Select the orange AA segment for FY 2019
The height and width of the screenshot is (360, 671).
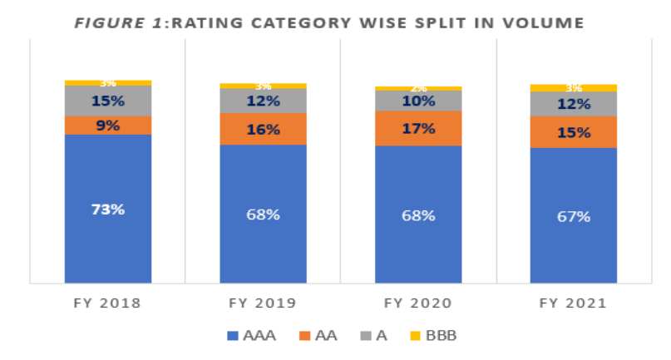point(263,129)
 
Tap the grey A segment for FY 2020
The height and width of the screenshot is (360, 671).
point(418,101)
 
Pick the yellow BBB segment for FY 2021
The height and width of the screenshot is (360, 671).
point(574,87)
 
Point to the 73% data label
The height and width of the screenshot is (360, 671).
point(108,210)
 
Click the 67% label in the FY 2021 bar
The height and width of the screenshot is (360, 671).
point(574,217)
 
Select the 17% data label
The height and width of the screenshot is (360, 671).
point(418,129)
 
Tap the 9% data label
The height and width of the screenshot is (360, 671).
point(108,126)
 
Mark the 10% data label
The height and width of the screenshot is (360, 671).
point(418,101)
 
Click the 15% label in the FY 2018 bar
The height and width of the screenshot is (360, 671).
point(108,101)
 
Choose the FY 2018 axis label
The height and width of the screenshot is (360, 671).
point(108,303)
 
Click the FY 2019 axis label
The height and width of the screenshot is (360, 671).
point(263,303)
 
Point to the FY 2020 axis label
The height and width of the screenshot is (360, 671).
point(418,303)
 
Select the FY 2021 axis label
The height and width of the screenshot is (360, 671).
point(574,303)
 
